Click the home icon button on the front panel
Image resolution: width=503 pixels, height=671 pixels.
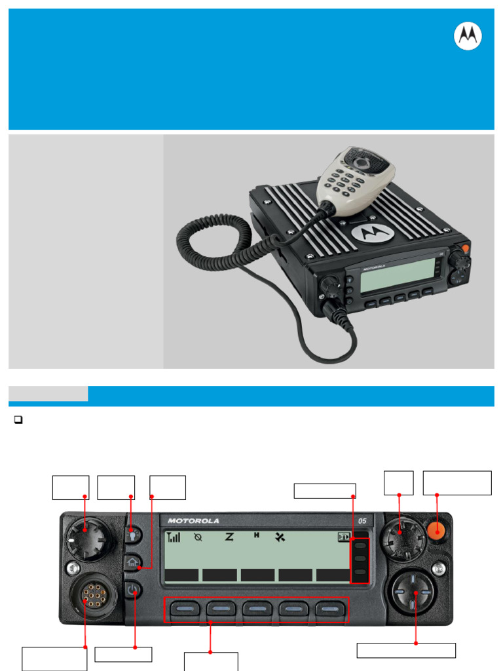tap(134, 562)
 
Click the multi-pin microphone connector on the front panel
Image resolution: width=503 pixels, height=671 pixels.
tap(87, 595)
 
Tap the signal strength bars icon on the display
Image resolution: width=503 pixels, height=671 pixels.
tap(174, 537)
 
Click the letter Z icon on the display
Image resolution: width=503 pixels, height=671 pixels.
tap(229, 537)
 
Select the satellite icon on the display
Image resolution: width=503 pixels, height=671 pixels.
tap(281, 537)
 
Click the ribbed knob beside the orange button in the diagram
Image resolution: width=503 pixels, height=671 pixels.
tap(401, 539)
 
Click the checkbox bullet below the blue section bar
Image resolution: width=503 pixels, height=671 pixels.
tap(18, 421)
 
